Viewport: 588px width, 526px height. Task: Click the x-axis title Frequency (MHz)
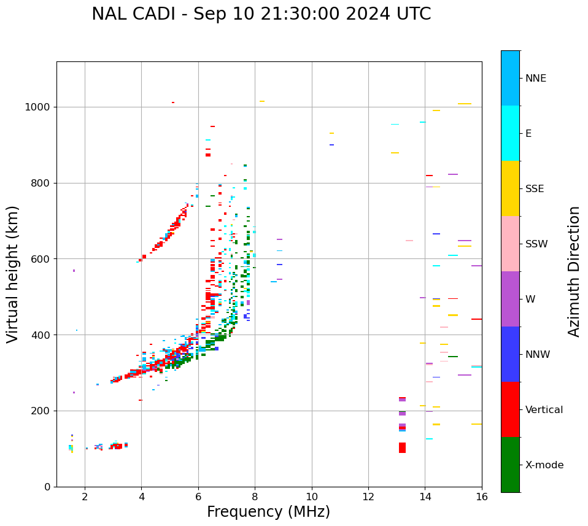coord(268,512)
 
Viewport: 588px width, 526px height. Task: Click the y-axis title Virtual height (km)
coord(13,274)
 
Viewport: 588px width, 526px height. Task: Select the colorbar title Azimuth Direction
coord(574,271)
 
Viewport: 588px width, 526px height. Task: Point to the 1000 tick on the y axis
coord(41,107)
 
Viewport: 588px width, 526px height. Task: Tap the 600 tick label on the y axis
coord(44,259)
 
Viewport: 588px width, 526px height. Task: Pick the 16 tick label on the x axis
coord(482,497)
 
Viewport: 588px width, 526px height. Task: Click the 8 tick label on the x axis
coord(255,497)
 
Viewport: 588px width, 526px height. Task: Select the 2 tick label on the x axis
coord(85,497)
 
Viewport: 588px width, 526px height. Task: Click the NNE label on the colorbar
coord(535,79)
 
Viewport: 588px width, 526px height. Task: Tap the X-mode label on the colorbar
coord(544,465)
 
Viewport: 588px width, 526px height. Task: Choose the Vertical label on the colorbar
coord(544,410)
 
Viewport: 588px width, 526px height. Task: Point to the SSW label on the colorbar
coord(536,244)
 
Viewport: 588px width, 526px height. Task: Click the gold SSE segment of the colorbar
coord(510,188)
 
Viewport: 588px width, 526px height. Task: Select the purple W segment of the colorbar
coord(510,299)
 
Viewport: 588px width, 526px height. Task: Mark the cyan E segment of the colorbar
coord(510,133)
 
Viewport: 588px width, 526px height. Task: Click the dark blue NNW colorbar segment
coord(510,354)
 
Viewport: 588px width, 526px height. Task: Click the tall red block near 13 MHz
coord(402,447)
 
